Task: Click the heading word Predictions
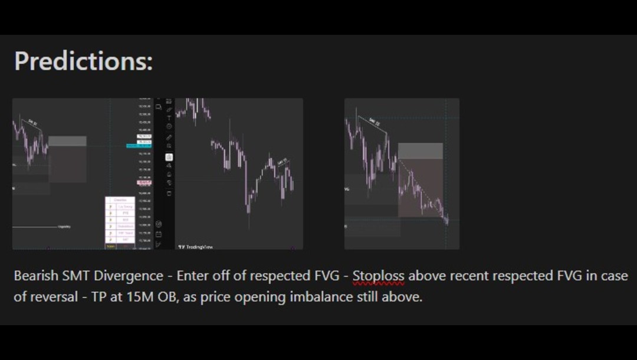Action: pyautogui.click(x=83, y=61)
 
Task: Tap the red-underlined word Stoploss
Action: pyautogui.click(x=378, y=276)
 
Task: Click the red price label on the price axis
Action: pyautogui.click(x=144, y=183)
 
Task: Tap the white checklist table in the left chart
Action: pyautogui.click(x=120, y=222)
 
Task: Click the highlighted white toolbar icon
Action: pyautogui.click(x=169, y=157)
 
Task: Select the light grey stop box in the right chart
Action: pyautogui.click(x=420, y=150)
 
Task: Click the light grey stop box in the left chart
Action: pyautogui.click(x=67, y=141)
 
